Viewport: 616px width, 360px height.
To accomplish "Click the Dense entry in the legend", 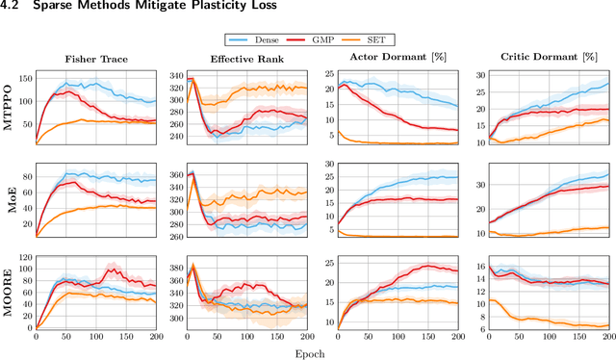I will (259, 39).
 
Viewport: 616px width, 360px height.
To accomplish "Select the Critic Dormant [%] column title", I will (546, 57).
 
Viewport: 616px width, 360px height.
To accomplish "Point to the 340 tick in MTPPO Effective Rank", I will (175, 75).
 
